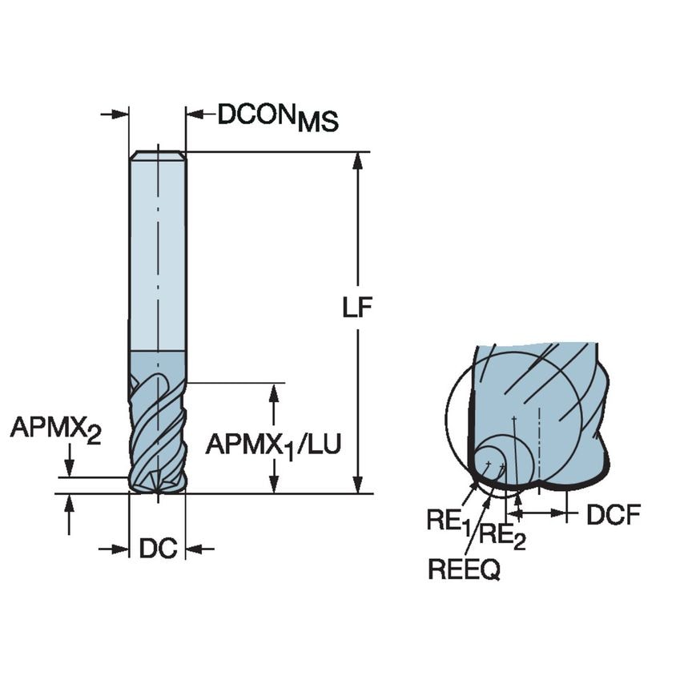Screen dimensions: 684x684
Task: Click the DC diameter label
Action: point(157,549)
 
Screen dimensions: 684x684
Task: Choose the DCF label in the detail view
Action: point(613,516)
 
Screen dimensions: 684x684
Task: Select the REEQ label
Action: point(465,569)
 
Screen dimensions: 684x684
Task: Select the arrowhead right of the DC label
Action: point(192,549)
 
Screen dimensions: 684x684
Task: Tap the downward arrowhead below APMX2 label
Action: point(70,469)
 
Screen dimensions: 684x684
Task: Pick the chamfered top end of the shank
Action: point(158,155)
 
